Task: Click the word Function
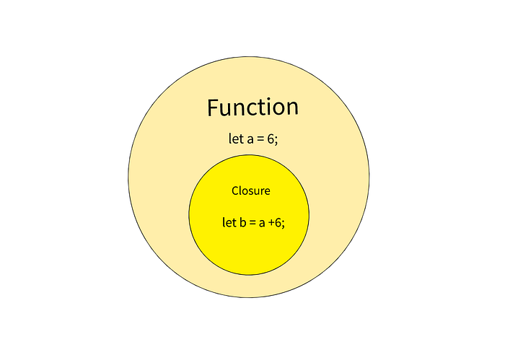[x=252, y=107]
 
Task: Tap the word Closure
[x=250, y=191]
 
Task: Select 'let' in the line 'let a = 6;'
[x=235, y=139]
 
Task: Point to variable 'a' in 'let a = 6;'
[x=250, y=140]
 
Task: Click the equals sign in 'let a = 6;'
[x=260, y=140]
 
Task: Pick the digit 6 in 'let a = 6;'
[x=271, y=139]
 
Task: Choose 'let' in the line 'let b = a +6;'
[x=228, y=223]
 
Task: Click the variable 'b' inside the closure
[x=242, y=223]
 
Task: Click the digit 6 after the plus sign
[x=278, y=223]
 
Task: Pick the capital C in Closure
[x=235, y=191]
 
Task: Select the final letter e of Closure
[x=267, y=192]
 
